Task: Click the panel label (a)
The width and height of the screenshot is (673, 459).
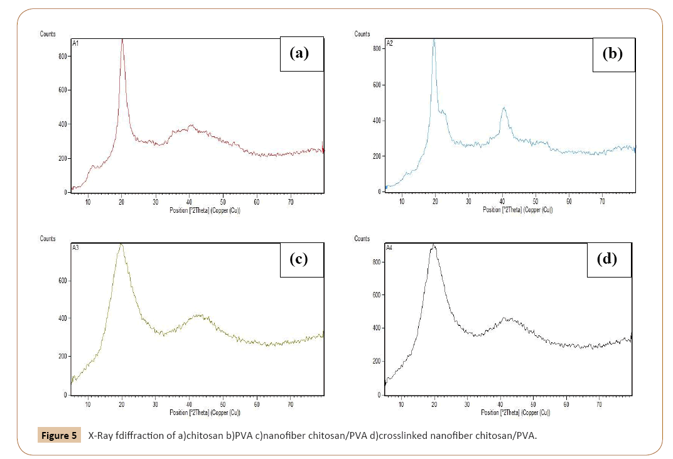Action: click(x=299, y=53)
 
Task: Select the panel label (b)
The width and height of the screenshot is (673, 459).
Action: click(x=612, y=53)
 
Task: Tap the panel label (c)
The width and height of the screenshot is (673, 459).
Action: click(x=299, y=259)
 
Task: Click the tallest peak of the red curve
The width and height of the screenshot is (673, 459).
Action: click(x=122, y=41)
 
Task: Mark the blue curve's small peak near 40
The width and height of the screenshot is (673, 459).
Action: click(x=503, y=108)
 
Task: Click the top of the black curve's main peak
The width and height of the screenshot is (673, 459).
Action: click(x=433, y=246)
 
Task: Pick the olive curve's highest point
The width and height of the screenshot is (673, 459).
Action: click(x=121, y=244)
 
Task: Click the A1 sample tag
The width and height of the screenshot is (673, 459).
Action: click(x=76, y=43)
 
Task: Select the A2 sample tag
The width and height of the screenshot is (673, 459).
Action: click(x=390, y=43)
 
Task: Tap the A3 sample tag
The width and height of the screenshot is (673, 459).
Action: click(x=76, y=248)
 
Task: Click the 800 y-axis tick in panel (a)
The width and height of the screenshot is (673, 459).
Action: click(x=62, y=57)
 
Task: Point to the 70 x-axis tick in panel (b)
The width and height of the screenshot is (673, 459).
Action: click(x=602, y=202)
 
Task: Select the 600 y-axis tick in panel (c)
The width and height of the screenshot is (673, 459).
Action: click(x=62, y=281)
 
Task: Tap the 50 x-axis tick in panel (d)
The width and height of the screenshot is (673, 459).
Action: click(x=533, y=405)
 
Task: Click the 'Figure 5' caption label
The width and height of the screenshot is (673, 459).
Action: click(x=59, y=435)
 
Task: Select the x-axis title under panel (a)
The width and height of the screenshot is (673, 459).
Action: click(x=205, y=210)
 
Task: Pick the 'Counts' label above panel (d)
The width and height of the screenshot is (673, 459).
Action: click(x=362, y=239)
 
